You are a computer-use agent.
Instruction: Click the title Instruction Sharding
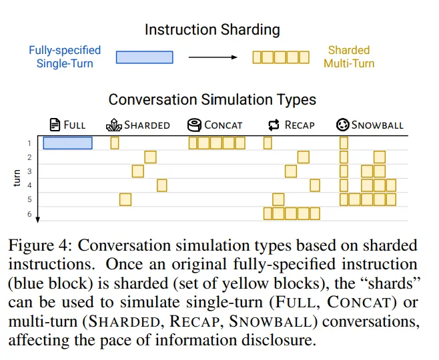coord(212,30)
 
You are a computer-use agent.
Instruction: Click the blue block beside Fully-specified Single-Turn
coord(145,57)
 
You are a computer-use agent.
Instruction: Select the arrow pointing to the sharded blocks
coord(213,57)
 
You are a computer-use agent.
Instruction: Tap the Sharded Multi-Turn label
coord(349,57)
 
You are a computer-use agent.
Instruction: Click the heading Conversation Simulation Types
coord(212,99)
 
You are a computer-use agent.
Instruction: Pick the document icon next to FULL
coord(55,125)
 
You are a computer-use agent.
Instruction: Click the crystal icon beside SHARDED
coord(114,125)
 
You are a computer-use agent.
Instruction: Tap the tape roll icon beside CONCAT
coord(194,125)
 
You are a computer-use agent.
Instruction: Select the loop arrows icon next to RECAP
coord(274,125)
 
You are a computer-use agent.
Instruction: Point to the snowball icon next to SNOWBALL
coord(342,125)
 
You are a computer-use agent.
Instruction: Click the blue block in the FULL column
coord(68,143)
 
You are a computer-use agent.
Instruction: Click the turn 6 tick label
coord(29,214)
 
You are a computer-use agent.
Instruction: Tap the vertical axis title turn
coord(17,178)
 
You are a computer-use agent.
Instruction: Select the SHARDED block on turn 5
coord(125,200)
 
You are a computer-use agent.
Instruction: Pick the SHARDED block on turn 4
coord(162,185)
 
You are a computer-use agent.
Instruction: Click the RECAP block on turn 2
coord(304,157)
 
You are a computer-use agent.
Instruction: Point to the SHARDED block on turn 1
coord(115,143)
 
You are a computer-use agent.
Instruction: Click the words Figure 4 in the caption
coord(38,245)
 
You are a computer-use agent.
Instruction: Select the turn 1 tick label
coord(29,143)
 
